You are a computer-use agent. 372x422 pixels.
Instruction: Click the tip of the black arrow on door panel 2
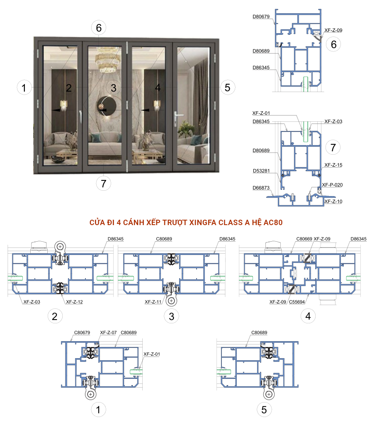(52, 110)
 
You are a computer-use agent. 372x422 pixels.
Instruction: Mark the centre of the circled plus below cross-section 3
(171, 301)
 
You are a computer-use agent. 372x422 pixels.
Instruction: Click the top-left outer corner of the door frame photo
(34, 37)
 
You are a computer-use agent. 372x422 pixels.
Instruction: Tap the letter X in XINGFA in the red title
(191, 223)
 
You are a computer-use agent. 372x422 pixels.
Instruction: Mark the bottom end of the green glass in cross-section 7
(305, 141)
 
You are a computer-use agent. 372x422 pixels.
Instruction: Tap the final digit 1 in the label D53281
(268, 171)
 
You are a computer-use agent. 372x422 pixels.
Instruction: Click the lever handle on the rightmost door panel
(175, 118)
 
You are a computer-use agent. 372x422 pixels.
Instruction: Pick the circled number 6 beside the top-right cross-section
(333, 44)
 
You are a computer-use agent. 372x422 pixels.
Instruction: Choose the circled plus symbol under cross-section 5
(269, 394)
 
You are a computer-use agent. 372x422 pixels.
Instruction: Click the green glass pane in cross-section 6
(305, 84)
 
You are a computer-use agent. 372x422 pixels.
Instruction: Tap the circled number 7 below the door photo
(104, 183)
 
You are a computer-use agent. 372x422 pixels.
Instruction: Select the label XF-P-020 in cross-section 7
(332, 185)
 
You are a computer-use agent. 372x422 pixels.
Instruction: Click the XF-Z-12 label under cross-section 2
(74, 302)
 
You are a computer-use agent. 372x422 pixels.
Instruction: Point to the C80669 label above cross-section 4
(304, 239)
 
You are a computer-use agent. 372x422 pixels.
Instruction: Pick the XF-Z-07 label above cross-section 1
(108, 332)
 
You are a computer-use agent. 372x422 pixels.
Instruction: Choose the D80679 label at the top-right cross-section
(261, 17)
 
